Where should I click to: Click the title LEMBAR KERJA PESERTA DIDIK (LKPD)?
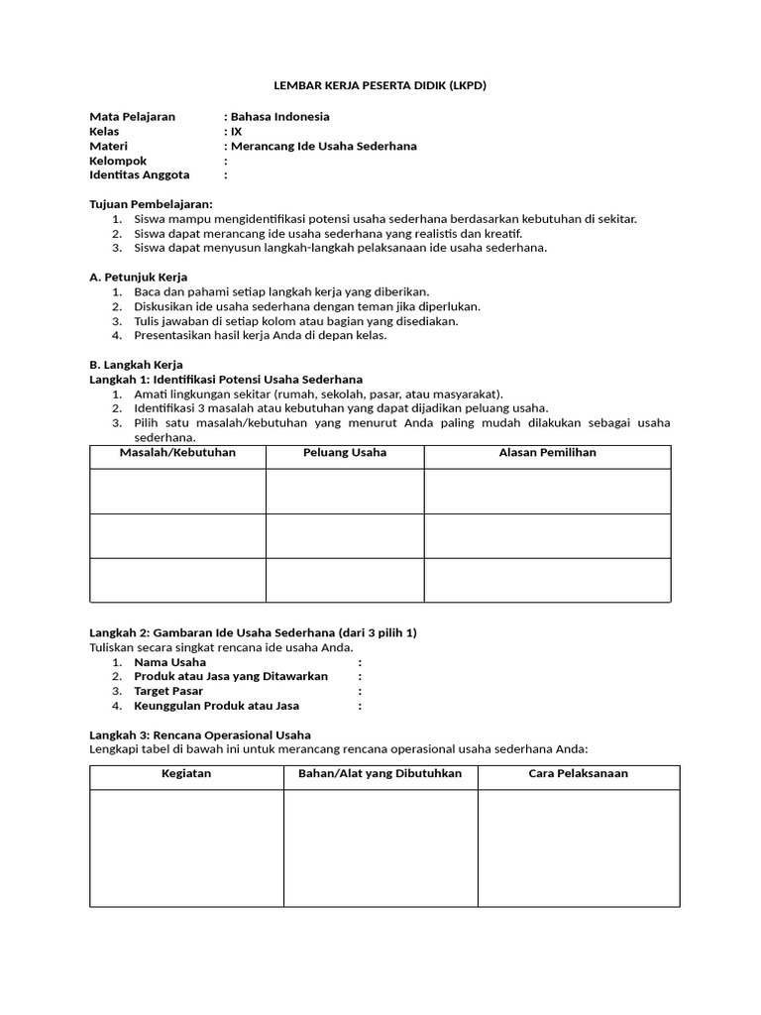[x=380, y=86]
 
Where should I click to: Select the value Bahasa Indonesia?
[x=280, y=116]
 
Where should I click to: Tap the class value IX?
[x=236, y=131]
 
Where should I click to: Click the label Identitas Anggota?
[x=139, y=175]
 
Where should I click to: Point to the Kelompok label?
[x=118, y=161]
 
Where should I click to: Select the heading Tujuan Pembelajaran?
[x=151, y=204]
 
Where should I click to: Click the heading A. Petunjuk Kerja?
[x=138, y=277]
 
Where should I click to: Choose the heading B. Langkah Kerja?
[x=136, y=365]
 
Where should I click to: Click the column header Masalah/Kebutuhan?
[x=177, y=453]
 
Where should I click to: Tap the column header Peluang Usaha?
[x=344, y=453]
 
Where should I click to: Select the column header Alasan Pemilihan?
[x=547, y=453]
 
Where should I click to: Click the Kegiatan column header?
[x=186, y=773]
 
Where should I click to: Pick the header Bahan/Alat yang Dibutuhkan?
[x=380, y=773]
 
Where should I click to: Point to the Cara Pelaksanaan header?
[x=578, y=773]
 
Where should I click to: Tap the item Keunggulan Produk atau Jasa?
[x=216, y=706]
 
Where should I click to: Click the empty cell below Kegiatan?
[x=186, y=847]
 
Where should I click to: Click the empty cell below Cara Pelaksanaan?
[x=579, y=847]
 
